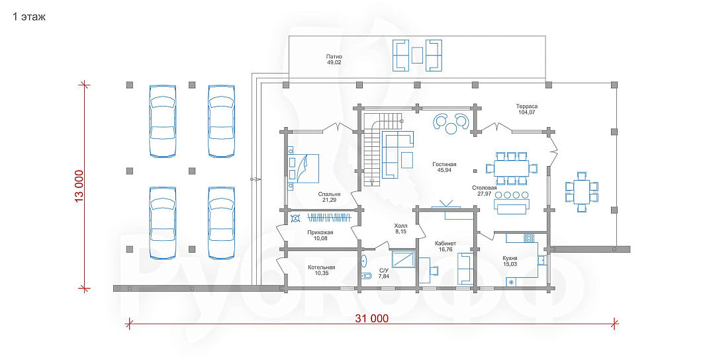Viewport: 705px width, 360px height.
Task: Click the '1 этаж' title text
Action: [29, 17]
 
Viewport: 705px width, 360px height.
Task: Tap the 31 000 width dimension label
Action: [372, 319]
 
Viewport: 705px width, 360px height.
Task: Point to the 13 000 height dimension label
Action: [79, 186]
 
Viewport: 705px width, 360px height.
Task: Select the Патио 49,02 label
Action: [334, 60]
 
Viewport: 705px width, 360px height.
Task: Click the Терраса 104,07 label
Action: [526, 109]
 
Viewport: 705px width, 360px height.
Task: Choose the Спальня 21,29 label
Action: [329, 197]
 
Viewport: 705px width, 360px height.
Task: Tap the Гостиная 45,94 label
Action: [444, 167]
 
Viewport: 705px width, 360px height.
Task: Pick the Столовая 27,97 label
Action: [485, 191]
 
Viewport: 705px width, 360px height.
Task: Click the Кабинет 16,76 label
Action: [445, 246]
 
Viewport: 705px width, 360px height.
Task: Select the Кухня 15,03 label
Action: [510, 261]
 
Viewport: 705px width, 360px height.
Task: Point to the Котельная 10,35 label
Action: [322, 270]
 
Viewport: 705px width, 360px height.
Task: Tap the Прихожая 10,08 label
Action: [320, 235]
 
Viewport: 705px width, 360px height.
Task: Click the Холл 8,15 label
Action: [400, 228]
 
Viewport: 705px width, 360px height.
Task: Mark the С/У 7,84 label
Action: [384, 273]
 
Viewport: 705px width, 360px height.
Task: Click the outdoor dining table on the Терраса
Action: [583, 192]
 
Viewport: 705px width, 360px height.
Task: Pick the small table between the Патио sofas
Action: [418, 56]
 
